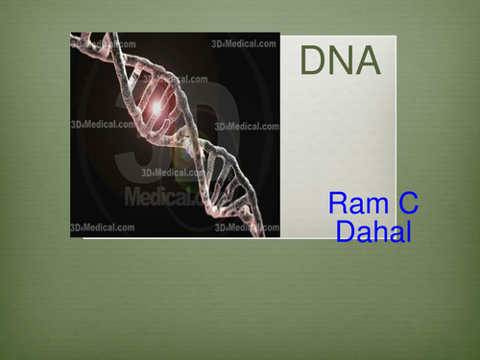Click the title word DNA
click(340, 61)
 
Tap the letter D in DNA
click(314, 61)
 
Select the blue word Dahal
click(373, 231)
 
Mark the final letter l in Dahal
click(407, 231)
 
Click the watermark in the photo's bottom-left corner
click(101, 228)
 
